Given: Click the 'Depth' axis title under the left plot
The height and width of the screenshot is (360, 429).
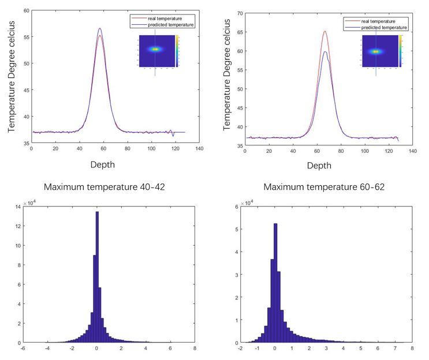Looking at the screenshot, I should [102, 164].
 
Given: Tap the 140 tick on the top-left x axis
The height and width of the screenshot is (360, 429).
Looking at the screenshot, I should [199, 148].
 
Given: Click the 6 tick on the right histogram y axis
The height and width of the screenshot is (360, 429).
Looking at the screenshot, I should [238, 208].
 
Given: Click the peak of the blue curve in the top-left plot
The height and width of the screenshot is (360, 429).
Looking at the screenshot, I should [100, 28].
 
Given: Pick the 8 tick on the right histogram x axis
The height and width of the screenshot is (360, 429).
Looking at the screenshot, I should [412, 348].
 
